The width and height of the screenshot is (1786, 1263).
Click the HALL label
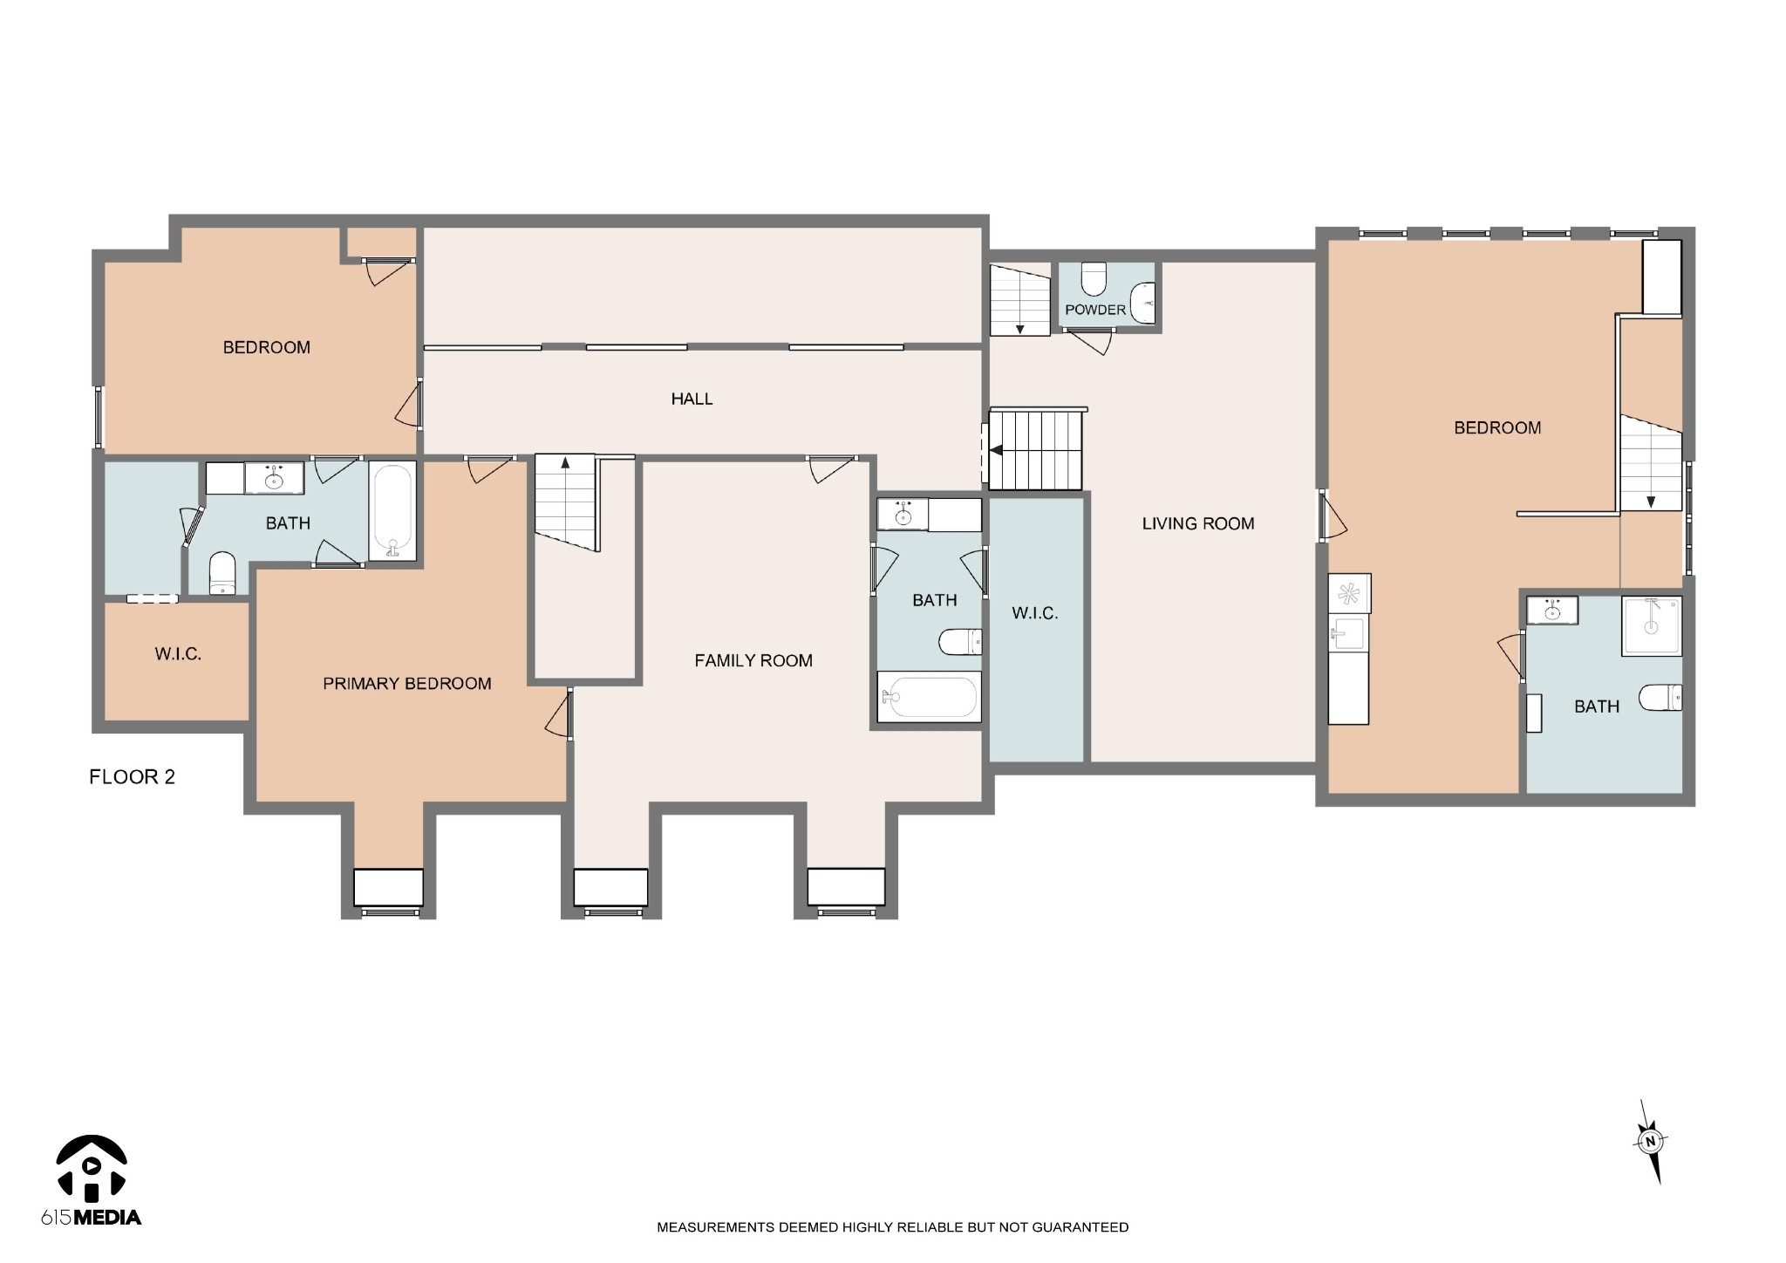pyautogui.click(x=692, y=399)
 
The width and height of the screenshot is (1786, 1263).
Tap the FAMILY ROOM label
pyautogui.click(x=753, y=661)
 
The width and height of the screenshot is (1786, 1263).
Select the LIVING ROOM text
pyautogui.click(x=1198, y=523)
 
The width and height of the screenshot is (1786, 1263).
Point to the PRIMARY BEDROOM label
pyautogui.click(x=407, y=684)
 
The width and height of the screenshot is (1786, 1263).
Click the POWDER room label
pyautogui.click(x=1095, y=310)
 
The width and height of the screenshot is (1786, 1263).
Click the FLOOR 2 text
pyautogui.click(x=133, y=777)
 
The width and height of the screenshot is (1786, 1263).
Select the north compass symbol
pyautogui.click(x=1649, y=1140)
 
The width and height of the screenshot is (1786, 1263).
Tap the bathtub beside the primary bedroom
pyautogui.click(x=392, y=510)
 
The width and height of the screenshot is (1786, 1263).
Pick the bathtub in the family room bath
pyautogui.click(x=930, y=697)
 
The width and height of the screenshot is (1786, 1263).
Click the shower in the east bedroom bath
pyautogui.click(x=1652, y=625)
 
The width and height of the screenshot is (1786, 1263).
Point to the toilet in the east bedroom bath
pyautogui.click(x=1660, y=698)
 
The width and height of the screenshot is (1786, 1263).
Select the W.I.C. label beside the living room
pyautogui.click(x=1035, y=613)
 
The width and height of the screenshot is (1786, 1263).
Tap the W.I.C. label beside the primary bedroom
pyautogui.click(x=178, y=654)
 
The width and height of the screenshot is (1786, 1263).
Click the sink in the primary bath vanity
pyautogui.click(x=276, y=479)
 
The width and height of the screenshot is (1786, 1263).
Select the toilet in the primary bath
pyautogui.click(x=222, y=573)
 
